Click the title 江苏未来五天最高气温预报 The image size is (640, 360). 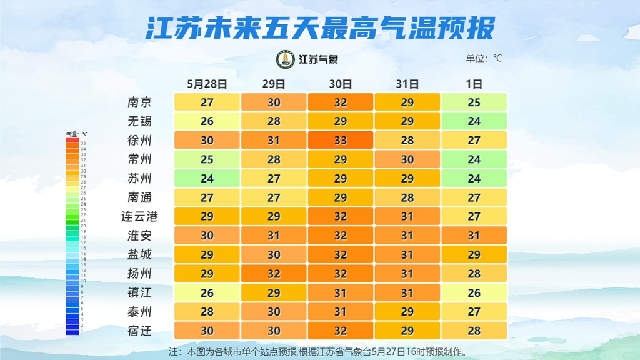(x=320, y=28)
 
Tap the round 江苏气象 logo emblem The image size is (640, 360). (x=286, y=59)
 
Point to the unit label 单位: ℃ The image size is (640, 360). (x=484, y=59)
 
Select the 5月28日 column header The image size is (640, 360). (x=207, y=84)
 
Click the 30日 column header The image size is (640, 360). (x=341, y=84)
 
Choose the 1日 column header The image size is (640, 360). (x=474, y=84)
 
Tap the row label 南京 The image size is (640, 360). (x=139, y=102)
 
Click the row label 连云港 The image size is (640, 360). (x=139, y=216)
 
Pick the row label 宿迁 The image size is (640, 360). (x=139, y=331)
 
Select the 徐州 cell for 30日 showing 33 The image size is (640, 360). (x=341, y=141)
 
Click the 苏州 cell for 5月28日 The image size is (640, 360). (x=207, y=179)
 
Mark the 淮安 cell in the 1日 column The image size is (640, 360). (x=474, y=236)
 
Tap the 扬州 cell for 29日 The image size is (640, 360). (x=274, y=274)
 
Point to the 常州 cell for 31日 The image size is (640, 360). (x=407, y=159)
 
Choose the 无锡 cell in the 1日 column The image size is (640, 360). (x=474, y=121)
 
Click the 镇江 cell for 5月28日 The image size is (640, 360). (x=207, y=292)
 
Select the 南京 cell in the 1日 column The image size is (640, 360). (x=474, y=102)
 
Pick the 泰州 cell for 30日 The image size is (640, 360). (x=341, y=312)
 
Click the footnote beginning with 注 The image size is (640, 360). (x=319, y=352)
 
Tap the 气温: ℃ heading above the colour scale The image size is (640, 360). (x=77, y=134)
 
